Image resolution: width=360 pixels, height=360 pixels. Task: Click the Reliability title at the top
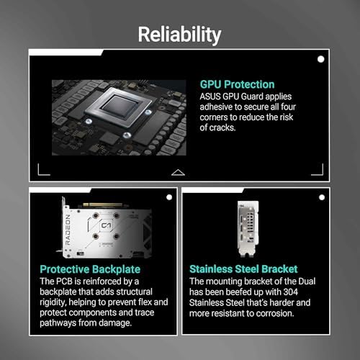pos(179,35)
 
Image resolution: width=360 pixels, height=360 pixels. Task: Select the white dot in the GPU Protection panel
pos(320,59)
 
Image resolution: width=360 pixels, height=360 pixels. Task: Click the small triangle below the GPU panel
pos(179,172)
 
